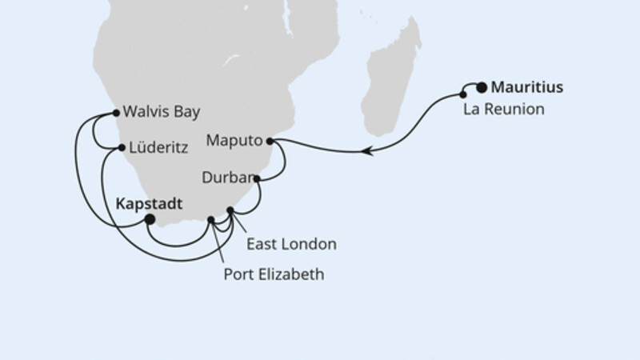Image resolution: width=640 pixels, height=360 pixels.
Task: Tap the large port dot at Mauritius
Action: pyautogui.click(x=482, y=88)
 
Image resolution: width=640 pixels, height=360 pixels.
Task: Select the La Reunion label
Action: pyautogui.click(x=504, y=110)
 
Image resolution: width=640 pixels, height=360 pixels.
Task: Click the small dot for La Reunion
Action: pyautogui.click(x=463, y=94)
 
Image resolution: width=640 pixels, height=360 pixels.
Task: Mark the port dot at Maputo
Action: pyautogui.click(x=270, y=142)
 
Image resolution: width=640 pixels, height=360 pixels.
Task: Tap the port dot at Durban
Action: pyautogui.click(x=256, y=179)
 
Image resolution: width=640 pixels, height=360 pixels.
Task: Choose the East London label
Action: pyautogui.click(x=291, y=243)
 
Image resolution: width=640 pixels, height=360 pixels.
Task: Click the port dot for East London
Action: pyautogui.click(x=230, y=211)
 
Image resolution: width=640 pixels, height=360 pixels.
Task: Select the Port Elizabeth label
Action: pyautogui.click(x=274, y=275)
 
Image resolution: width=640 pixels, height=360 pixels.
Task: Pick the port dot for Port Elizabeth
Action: pyautogui.click(x=211, y=218)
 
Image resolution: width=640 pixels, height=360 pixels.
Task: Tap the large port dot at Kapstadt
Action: pyautogui.click(x=149, y=219)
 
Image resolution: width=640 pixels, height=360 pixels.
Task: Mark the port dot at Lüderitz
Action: pyautogui.click(x=121, y=148)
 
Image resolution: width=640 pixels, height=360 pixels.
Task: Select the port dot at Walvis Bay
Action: pyautogui.click(x=117, y=112)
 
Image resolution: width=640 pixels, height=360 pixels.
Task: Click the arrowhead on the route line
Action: pyautogui.click(x=366, y=150)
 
